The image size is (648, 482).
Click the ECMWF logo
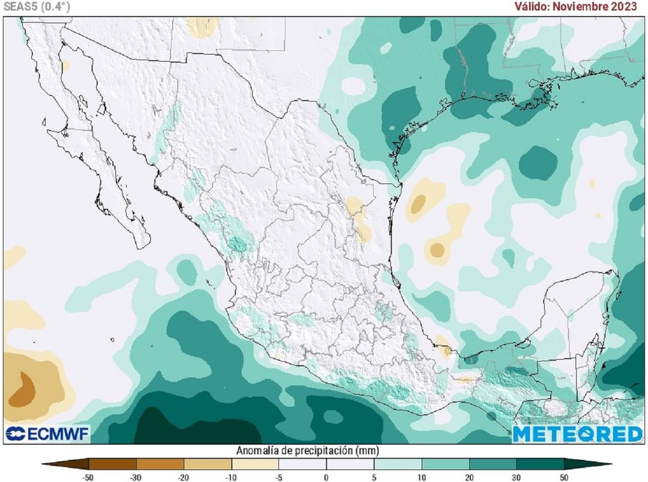pyautogui.click(x=47, y=434)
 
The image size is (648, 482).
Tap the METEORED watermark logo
pyautogui.click(x=577, y=434)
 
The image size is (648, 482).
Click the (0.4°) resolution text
pyautogui.click(x=56, y=6)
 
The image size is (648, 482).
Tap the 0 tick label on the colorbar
pyautogui.click(x=326, y=476)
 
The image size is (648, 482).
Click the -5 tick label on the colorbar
pyautogui.click(x=278, y=476)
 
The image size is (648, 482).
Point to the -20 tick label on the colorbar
pyautogui.click(x=183, y=476)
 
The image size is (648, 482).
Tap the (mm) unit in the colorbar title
pyautogui.click(x=366, y=451)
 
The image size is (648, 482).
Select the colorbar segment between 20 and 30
pyautogui.click(x=492, y=464)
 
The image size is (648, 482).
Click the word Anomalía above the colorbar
pyautogui.click(x=258, y=451)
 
